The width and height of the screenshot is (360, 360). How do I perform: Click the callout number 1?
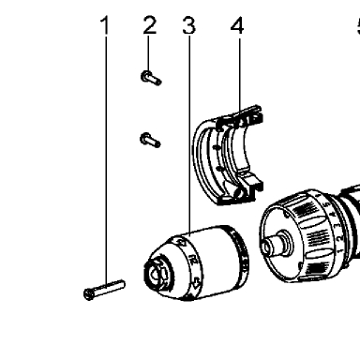point(106,25)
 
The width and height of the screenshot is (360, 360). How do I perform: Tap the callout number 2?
point(150,25)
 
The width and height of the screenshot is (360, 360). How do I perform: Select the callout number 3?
point(189,25)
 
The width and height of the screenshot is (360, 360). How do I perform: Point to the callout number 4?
point(237,25)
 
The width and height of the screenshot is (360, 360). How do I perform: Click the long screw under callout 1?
point(104,290)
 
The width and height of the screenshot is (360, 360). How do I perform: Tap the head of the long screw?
point(89,294)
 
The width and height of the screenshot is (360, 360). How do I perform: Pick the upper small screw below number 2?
point(151,78)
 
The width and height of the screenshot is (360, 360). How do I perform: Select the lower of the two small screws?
point(150,140)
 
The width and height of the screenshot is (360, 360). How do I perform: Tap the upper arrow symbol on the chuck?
point(180,243)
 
